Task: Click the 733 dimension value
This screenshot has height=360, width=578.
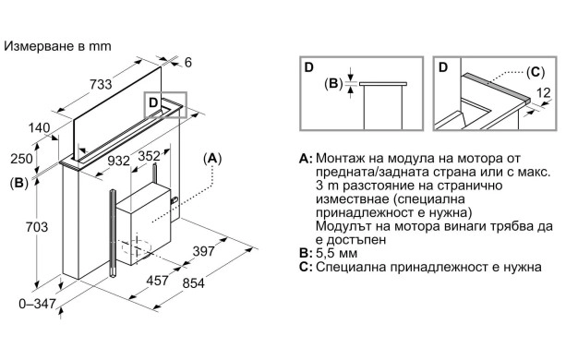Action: pos(101,84)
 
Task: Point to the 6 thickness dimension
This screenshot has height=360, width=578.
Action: pos(188,62)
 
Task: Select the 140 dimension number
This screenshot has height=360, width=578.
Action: pos(39,128)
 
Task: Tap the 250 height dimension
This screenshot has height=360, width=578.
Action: pos(21,159)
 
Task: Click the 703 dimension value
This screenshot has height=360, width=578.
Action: pos(37,227)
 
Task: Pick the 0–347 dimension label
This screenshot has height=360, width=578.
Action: pos(38,304)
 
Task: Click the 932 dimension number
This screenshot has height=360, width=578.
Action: pos(118,161)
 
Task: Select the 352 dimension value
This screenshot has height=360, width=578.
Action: pos(150,156)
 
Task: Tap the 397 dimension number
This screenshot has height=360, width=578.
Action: pos(203,251)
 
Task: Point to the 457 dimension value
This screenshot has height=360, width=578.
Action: pos(157,281)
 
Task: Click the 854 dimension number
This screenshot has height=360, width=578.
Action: pos(193,283)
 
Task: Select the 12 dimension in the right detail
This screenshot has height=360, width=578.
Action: pos(543,92)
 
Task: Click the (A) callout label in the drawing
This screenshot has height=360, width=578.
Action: pos(212,159)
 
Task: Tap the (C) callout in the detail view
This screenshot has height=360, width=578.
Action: pos(536,72)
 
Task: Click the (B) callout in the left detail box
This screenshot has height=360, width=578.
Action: pos(333,84)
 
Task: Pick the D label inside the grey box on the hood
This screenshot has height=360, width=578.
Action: pos(153,102)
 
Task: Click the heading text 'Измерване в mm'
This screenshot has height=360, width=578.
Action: pos(57,46)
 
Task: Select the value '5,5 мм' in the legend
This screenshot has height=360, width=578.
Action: pos(337,253)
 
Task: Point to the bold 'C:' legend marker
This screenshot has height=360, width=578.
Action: pos(306,267)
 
